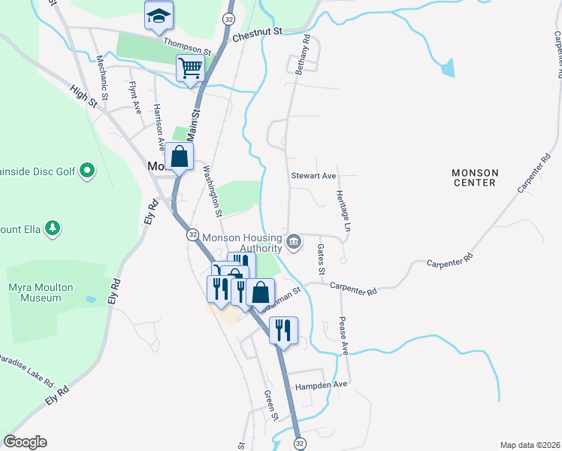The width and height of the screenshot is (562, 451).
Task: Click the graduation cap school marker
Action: click(159, 16)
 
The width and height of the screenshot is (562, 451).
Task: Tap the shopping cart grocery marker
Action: click(191, 68)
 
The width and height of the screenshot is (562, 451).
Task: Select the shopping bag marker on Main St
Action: click(179, 157)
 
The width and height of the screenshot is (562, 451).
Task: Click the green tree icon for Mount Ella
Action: click(52, 227)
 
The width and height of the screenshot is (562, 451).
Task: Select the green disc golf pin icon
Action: click(87, 171)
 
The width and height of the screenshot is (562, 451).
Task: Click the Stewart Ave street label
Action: click(313, 176)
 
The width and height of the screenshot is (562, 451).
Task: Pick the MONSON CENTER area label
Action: click(474, 177)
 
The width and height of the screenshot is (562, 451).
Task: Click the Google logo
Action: click(25, 442)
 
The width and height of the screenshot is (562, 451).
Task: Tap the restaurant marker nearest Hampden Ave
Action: click(283, 330)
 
